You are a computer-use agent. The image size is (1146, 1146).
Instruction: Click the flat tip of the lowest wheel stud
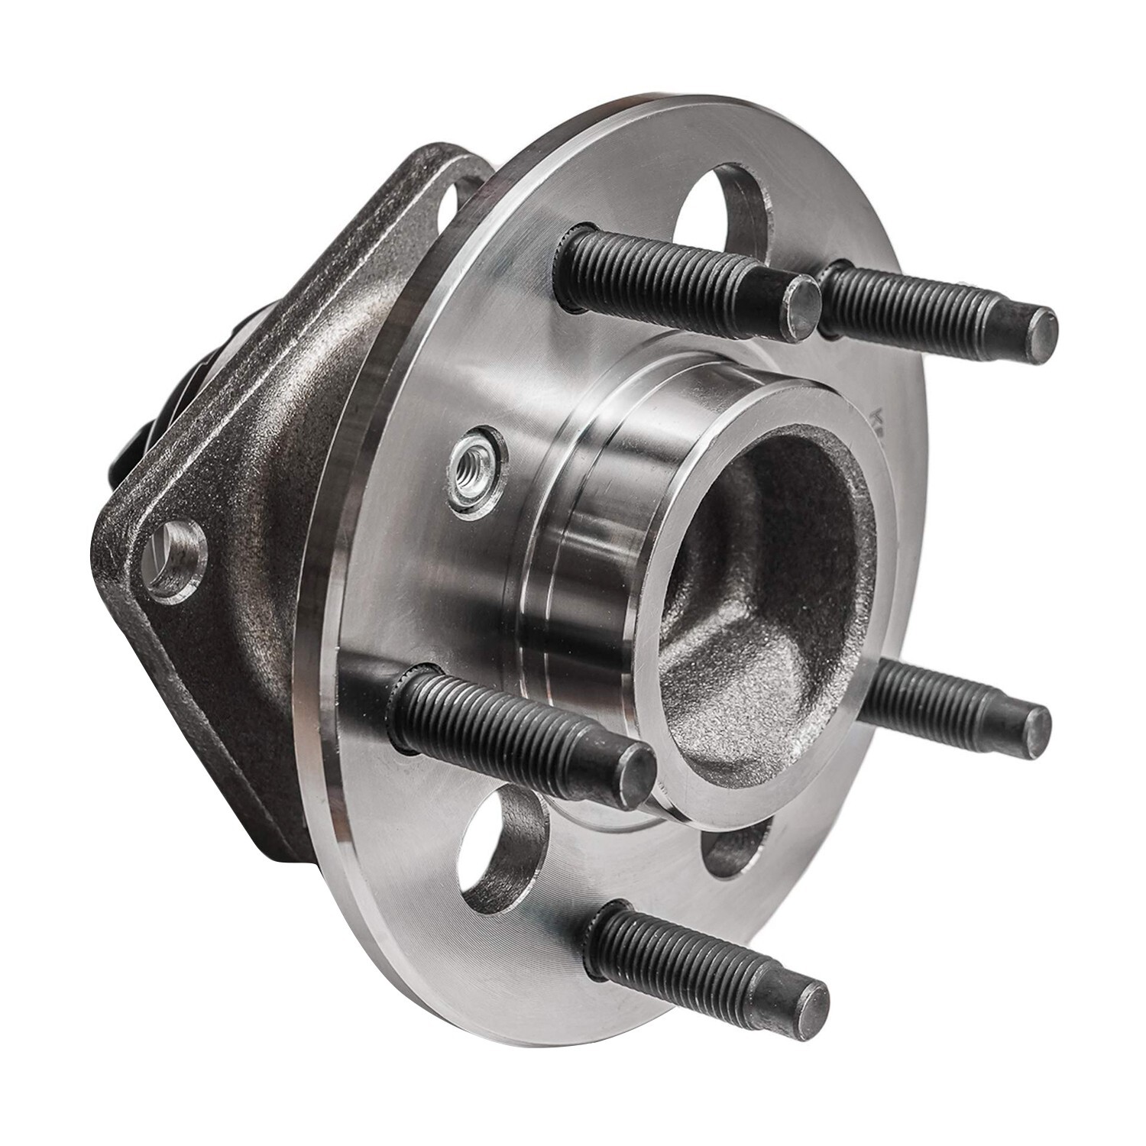(808, 1002)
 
